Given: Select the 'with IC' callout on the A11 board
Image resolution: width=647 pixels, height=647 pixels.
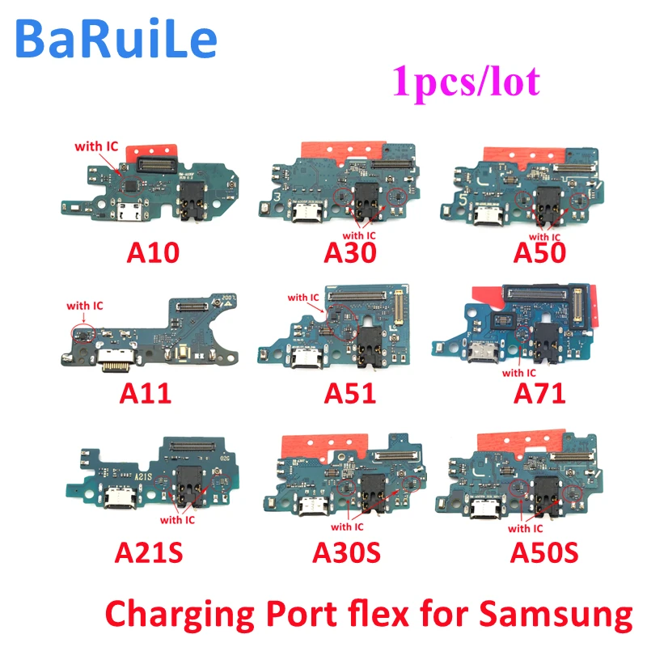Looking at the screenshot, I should click(x=85, y=306).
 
